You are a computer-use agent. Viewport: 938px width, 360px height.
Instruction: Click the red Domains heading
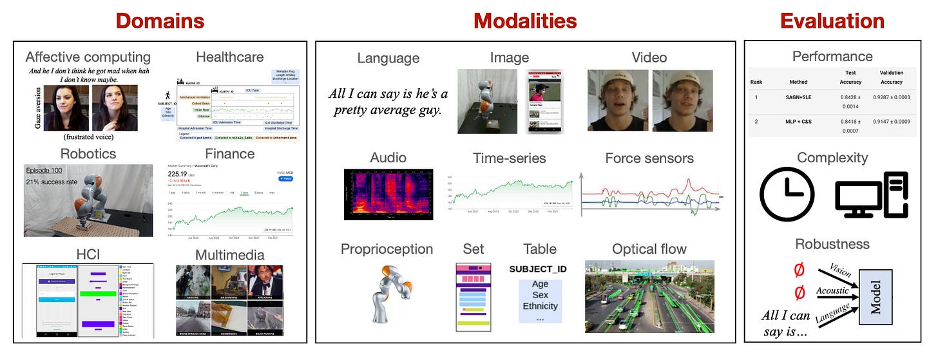click(x=161, y=21)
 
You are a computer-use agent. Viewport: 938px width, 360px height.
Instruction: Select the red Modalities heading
click(x=524, y=21)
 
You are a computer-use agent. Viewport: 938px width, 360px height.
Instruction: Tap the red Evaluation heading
click(x=832, y=21)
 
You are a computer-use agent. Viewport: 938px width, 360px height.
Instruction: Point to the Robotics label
click(x=88, y=154)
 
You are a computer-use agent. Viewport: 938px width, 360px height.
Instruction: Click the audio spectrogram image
click(x=388, y=194)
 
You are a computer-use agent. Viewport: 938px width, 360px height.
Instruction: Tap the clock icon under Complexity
click(x=787, y=195)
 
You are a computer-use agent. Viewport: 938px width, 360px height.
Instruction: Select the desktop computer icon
click(x=871, y=194)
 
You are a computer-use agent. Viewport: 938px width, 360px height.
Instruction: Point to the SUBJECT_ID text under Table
click(x=537, y=268)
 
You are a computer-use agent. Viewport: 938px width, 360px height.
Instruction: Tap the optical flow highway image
click(x=649, y=296)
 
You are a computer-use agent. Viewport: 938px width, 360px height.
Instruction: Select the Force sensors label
click(x=649, y=158)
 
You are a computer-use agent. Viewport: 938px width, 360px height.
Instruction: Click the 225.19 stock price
click(x=181, y=173)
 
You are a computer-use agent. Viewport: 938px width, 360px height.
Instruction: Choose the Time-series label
click(x=509, y=158)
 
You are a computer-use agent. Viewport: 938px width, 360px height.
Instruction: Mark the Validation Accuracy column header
click(x=891, y=77)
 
